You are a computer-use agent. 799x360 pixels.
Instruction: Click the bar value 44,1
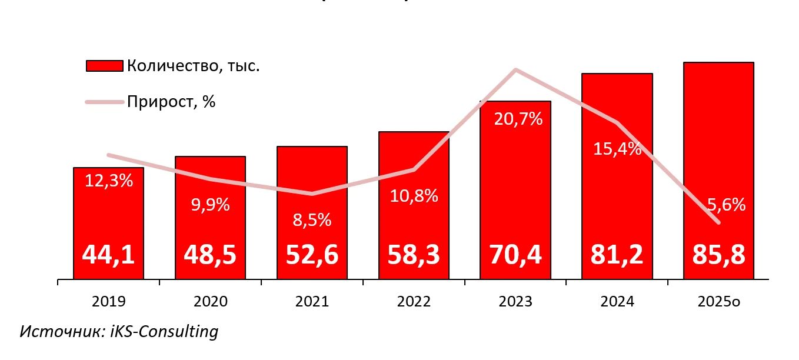(x=108, y=255)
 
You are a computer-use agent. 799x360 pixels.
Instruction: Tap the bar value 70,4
(x=515, y=255)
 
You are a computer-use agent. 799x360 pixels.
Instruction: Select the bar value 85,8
(x=718, y=255)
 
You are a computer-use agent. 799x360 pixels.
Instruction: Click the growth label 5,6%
(x=725, y=205)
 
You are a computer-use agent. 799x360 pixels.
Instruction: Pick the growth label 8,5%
(x=312, y=220)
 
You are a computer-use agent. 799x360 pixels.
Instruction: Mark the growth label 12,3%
(x=109, y=181)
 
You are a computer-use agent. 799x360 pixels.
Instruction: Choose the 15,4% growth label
(x=617, y=149)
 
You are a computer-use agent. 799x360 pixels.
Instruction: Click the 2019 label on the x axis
(x=109, y=302)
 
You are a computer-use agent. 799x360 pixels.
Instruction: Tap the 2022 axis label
(x=414, y=302)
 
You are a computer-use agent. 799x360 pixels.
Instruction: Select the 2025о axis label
(x=719, y=302)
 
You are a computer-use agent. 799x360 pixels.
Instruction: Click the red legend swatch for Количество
(x=104, y=66)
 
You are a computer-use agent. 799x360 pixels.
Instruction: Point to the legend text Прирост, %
(x=171, y=102)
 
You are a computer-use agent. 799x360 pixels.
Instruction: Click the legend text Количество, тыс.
(x=193, y=66)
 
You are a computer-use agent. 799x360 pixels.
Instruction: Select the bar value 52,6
(x=312, y=255)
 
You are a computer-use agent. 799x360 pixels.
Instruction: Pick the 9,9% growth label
(x=211, y=205)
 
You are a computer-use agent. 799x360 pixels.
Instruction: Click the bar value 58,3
(x=414, y=255)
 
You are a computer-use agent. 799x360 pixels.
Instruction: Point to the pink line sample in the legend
(x=104, y=102)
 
